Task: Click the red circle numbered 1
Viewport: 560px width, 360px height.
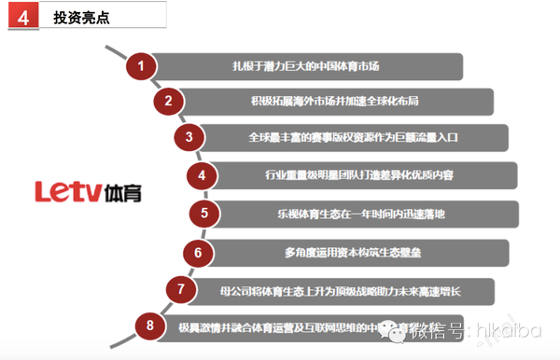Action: (x=141, y=66)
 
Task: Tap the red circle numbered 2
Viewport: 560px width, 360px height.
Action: (x=169, y=102)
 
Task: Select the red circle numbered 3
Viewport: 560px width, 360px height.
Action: (x=189, y=137)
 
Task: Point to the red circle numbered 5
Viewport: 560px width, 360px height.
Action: (x=204, y=214)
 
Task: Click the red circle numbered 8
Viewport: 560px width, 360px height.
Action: (x=149, y=325)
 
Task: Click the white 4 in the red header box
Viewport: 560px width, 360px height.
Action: (x=21, y=17)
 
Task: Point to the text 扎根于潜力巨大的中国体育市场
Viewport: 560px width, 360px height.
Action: (x=318, y=66)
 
